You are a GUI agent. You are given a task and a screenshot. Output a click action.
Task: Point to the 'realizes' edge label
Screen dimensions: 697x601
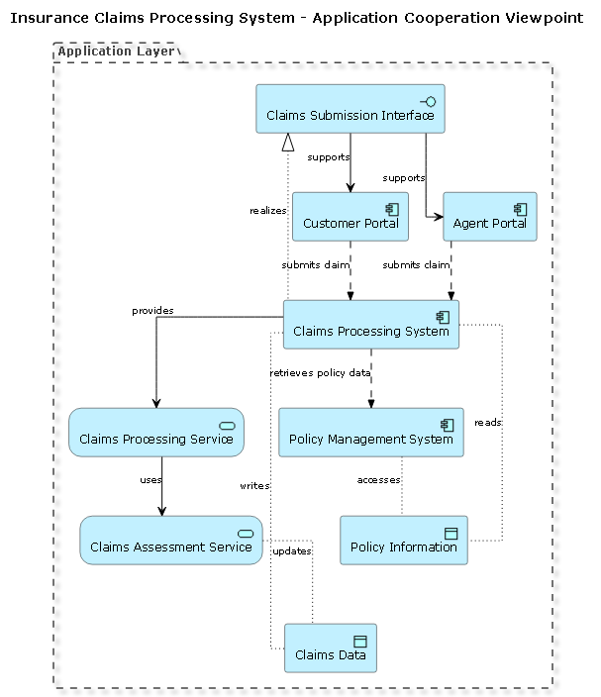point(267,211)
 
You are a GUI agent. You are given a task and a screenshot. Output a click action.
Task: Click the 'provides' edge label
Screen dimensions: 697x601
point(152,311)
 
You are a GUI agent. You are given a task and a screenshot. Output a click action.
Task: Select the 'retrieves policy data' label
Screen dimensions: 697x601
point(320,373)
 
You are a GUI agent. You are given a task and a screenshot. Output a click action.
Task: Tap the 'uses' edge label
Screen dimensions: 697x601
point(150,480)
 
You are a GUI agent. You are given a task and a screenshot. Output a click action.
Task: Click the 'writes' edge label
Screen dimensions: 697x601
point(254,486)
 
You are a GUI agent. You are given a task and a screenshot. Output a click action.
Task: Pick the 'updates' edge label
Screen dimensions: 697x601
point(292,550)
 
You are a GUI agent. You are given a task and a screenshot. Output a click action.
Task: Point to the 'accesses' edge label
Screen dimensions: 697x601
point(378,480)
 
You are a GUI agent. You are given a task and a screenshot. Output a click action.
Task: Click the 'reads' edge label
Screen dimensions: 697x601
point(487,423)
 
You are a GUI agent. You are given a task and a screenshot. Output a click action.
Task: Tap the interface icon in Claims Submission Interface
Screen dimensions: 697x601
point(429,100)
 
